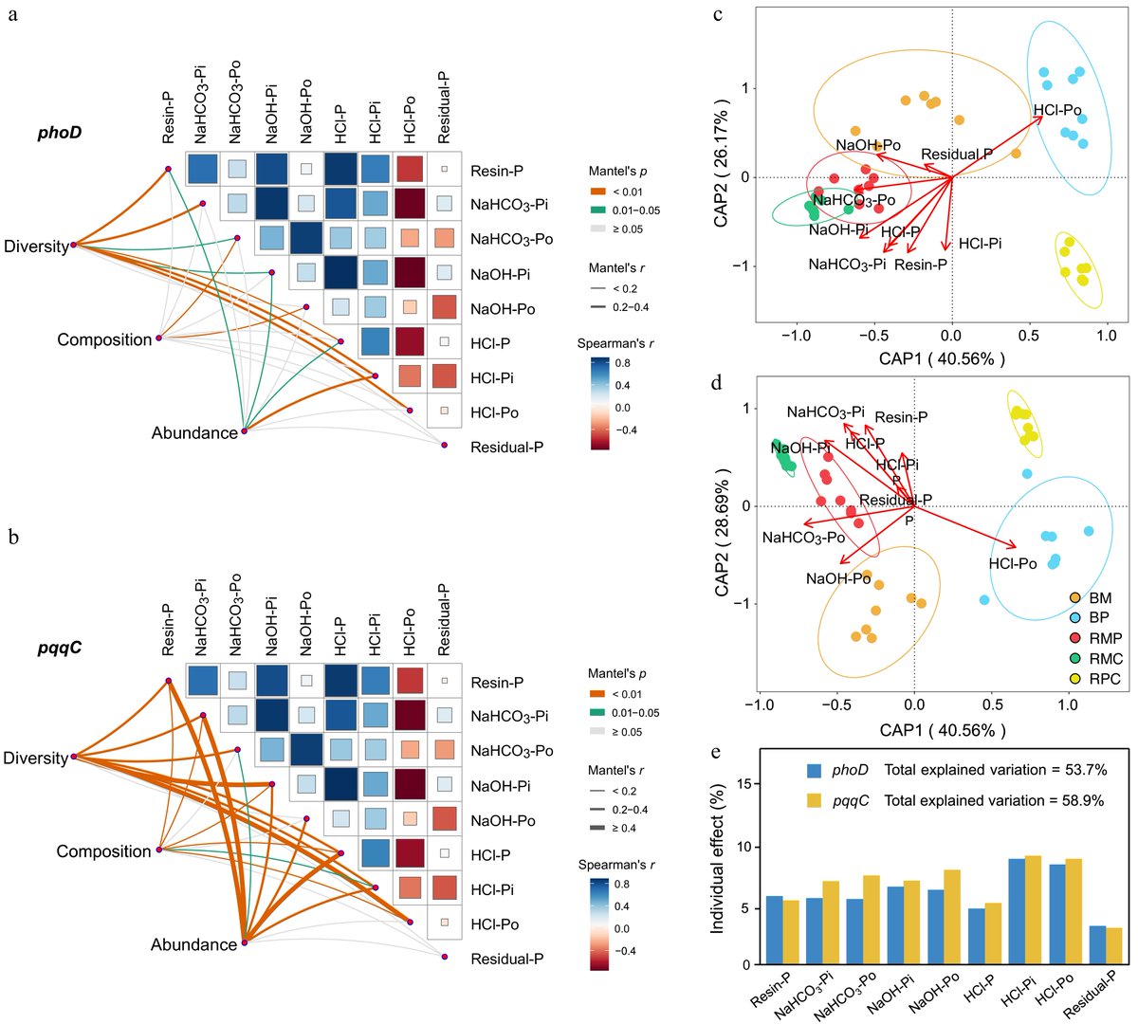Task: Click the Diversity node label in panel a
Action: click(36, 247)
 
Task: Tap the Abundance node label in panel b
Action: click(193, 944)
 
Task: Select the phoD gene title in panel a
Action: click(60, 132)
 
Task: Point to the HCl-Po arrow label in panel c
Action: click(1057, 111)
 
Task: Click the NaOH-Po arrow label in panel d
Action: click(838, 578)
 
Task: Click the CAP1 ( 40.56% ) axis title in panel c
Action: click(951, 358)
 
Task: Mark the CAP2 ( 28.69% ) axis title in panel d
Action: click(723, 532)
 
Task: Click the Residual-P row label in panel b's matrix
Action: click(506, 959)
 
